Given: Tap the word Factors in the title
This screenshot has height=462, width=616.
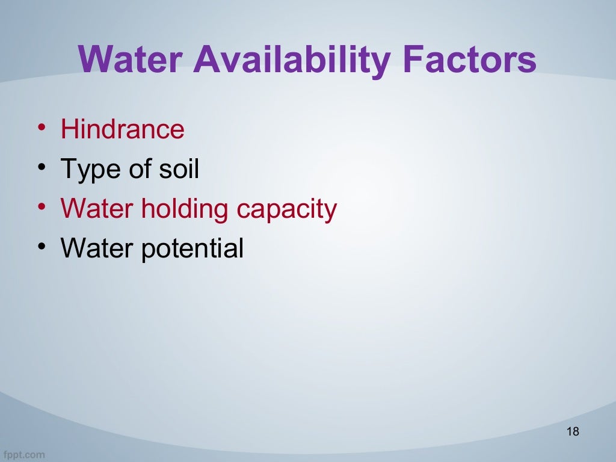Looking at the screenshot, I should pos(469,60).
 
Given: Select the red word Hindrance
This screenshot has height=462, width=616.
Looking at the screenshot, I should pos(122,129).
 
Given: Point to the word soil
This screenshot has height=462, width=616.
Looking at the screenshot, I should pos(179,169).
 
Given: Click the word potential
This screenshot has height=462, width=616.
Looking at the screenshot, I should pos(192,248).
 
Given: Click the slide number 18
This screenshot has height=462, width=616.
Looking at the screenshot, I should pos(572,431).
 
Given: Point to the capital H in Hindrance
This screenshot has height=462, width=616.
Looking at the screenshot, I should pos(68,129).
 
